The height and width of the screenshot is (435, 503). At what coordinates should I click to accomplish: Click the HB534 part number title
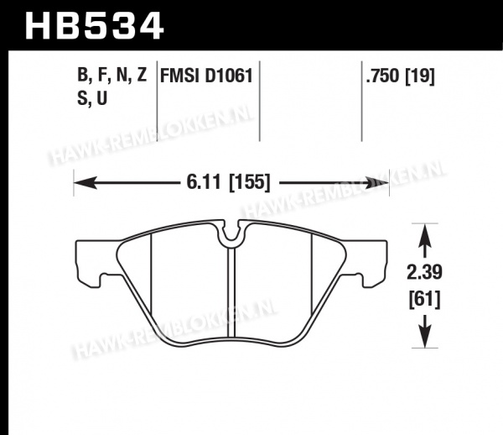click(94, 26)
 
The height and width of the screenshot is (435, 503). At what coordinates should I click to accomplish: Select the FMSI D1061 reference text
click(206, 76)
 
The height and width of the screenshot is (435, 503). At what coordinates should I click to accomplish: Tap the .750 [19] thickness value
click(401, 76)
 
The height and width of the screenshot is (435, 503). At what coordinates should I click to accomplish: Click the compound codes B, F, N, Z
click(112, 75)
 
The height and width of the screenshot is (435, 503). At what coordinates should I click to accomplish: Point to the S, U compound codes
click(92, 98)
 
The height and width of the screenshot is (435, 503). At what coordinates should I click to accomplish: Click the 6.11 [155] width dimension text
click(228, 183)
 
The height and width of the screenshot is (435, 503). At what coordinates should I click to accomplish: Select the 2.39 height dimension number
click(424, 272)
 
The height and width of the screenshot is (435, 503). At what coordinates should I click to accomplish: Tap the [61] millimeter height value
click(424, 300)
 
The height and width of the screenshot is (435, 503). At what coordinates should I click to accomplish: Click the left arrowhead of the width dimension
click(86, 183)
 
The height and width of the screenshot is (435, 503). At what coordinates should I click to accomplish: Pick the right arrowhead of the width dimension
click(377, 183)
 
